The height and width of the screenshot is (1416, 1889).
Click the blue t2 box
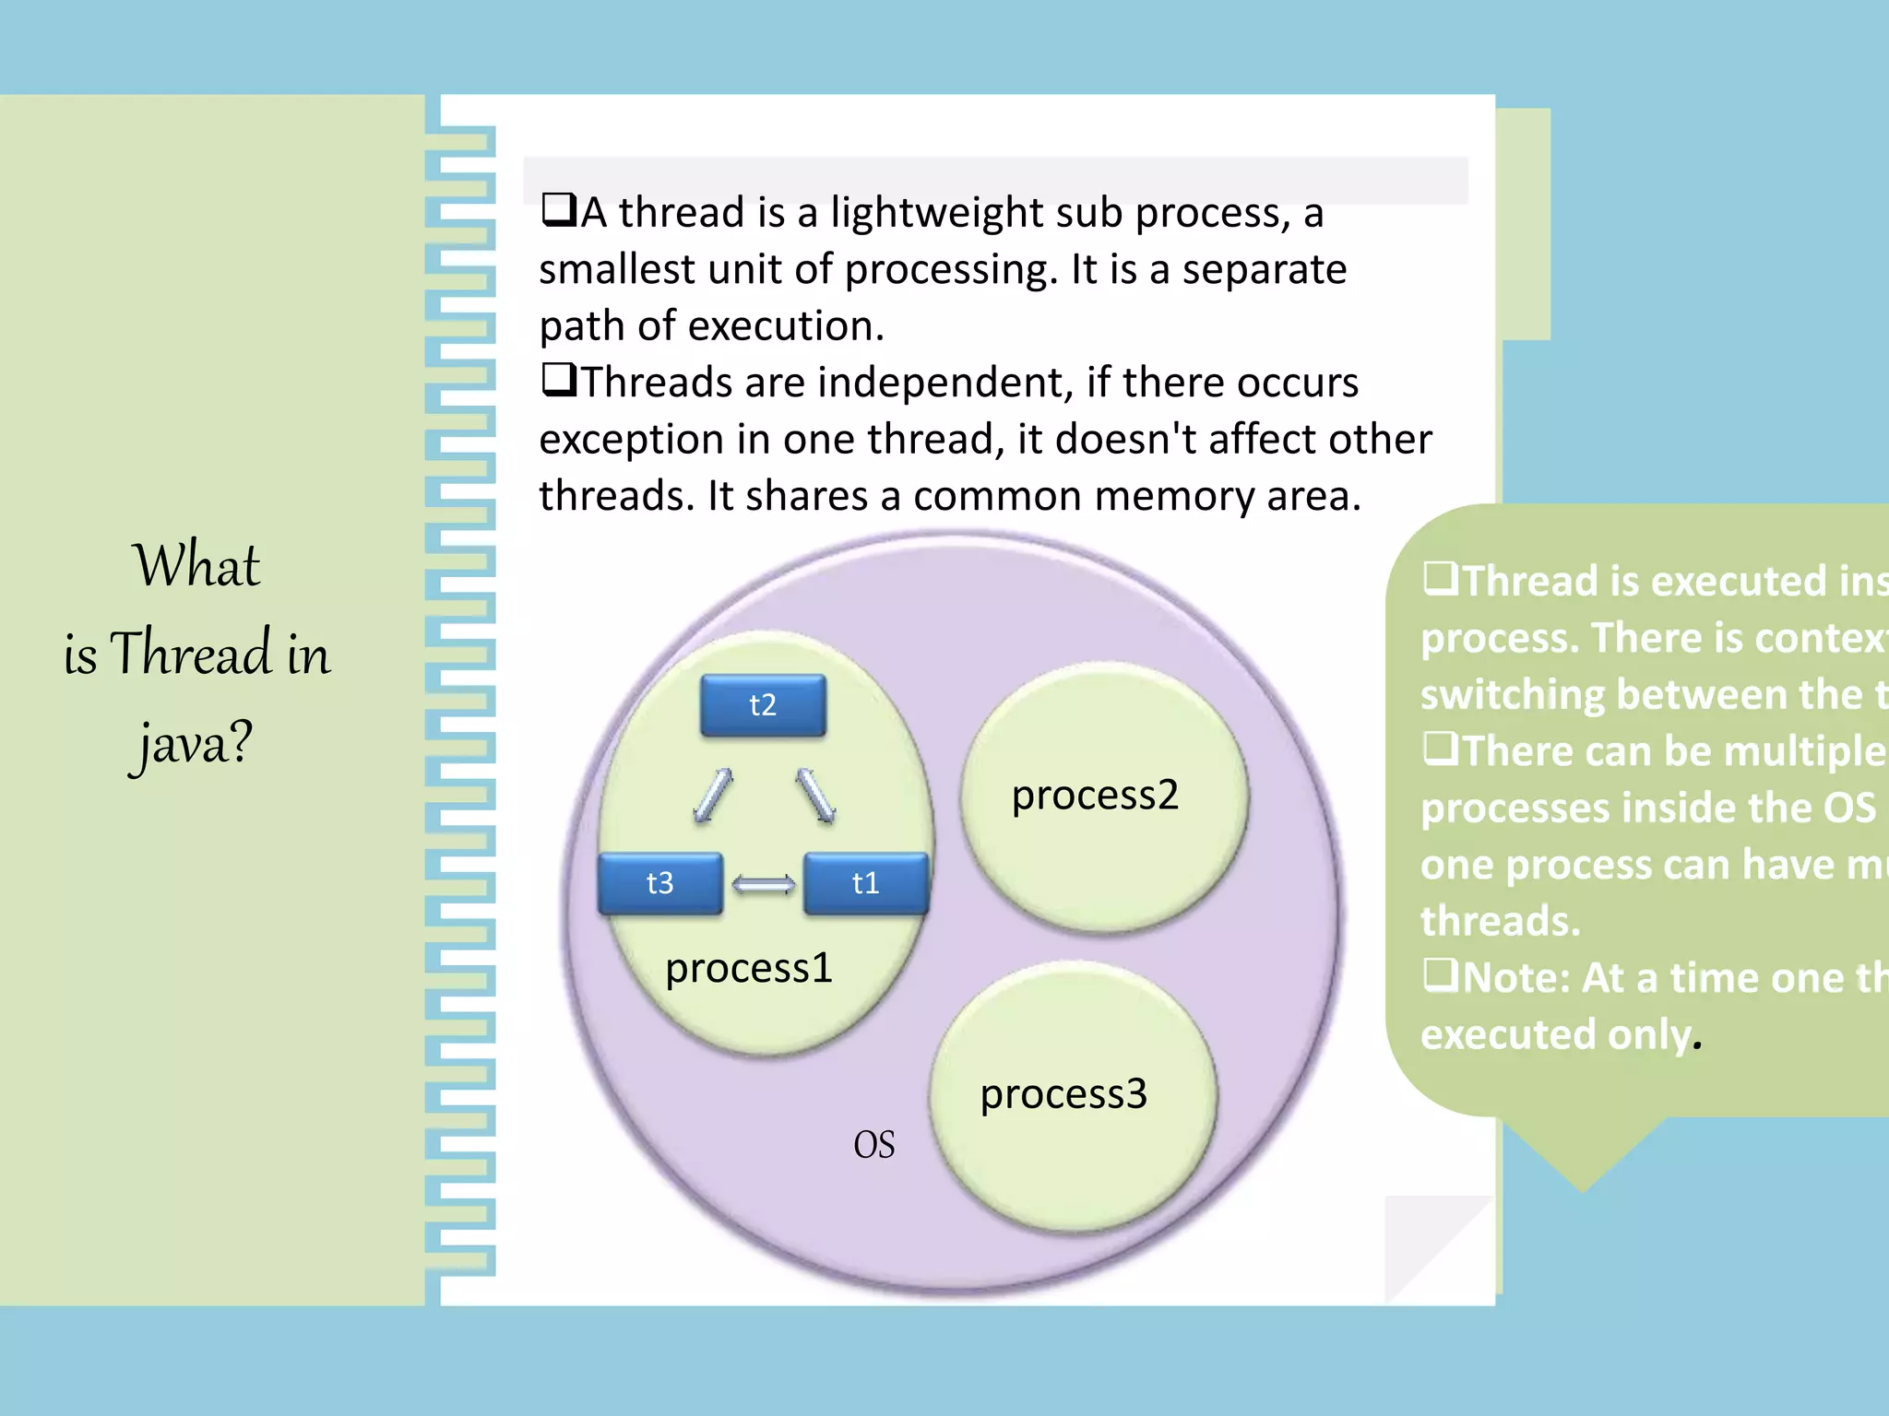tap(763, 705)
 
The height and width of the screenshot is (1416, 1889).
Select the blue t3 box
tap(660, 883)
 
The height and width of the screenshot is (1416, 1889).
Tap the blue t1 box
tap(865, 883)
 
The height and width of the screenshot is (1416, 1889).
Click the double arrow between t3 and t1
tap(763, 885)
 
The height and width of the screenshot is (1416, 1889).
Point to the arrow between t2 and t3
tap(713, 796)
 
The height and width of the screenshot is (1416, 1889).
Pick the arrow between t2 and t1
tap(815, 796)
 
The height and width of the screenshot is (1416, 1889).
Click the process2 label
tap(1095, 795)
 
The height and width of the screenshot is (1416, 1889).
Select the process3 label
tap(1063, 1094)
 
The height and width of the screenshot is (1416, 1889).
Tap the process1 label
tap(749, 968)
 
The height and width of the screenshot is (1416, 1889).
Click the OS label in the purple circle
tap(873, 1145)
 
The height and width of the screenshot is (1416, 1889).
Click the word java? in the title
tap(191, 743)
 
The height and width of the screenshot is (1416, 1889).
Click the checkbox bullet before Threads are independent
tap(559, 379)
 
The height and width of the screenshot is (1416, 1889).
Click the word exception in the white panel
tap(631, 440)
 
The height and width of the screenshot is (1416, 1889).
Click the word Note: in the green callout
tap(1515, 978)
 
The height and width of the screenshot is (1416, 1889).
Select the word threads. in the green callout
tap(1500, 921)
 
